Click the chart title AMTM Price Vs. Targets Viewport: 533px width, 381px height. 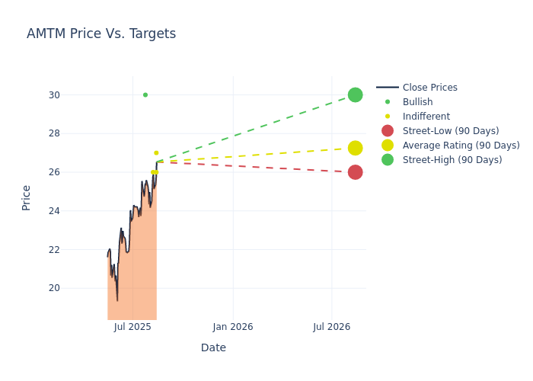(101, 34)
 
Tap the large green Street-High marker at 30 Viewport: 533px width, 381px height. (355, 95)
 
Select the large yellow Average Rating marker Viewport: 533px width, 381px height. (355, 148)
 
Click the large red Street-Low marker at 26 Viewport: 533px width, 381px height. (355, 172)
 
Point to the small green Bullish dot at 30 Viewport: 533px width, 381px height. (145, 95)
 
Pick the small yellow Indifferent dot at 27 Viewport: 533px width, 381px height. (156, 153)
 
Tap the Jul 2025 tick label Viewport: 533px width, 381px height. (132, 327)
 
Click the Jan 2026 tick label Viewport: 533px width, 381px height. (233, 327)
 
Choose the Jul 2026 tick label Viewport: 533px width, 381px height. (332, 327)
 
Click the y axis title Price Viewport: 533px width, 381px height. (27, 197)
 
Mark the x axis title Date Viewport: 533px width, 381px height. (213, 348)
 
